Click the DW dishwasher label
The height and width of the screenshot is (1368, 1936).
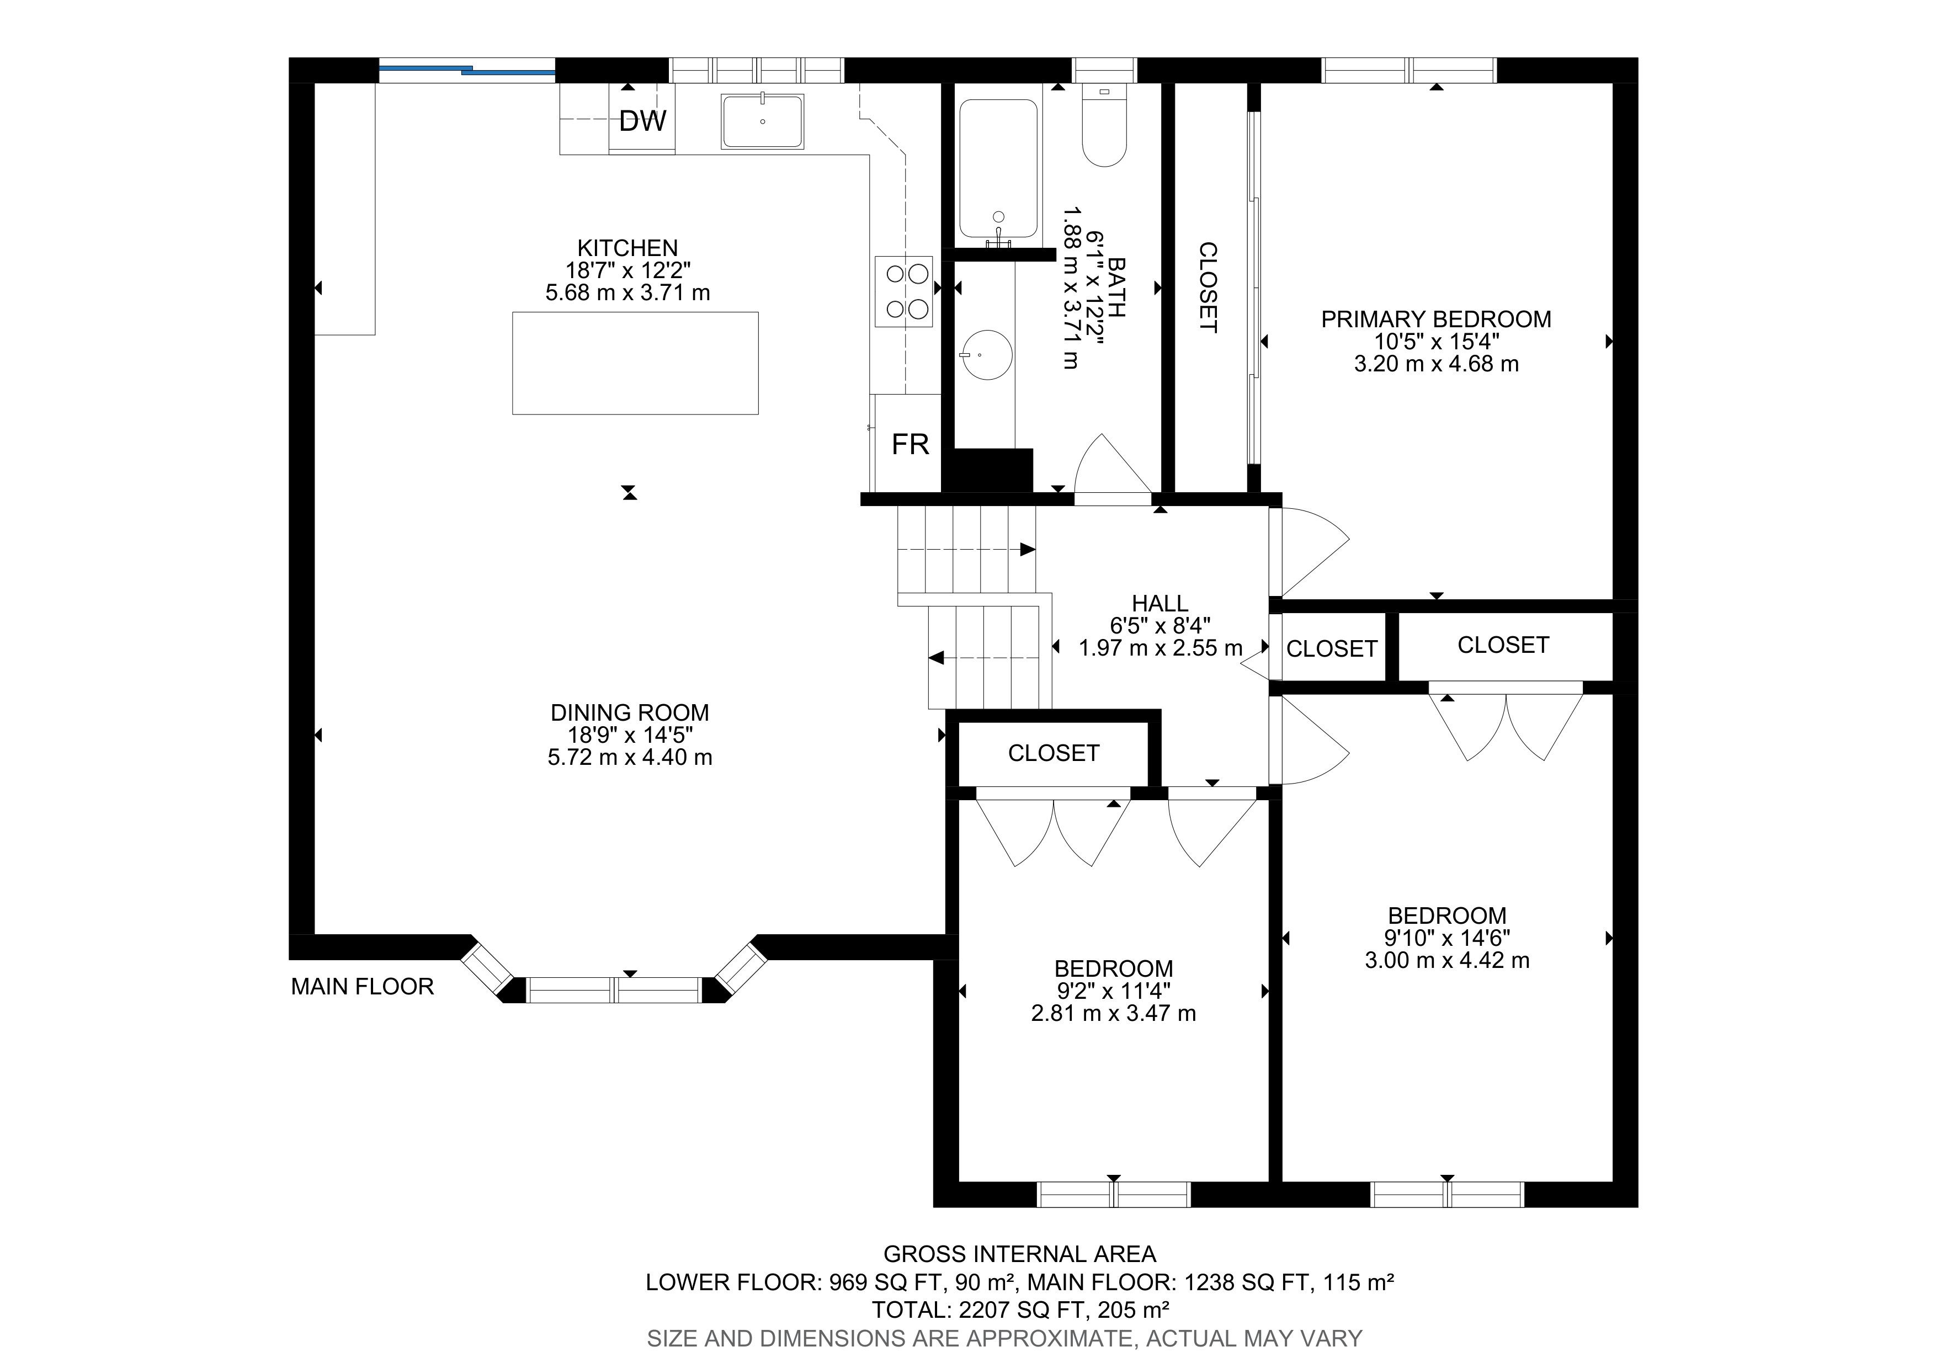[x=642, y=121]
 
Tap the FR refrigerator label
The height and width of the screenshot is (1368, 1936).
[x=910, y=444]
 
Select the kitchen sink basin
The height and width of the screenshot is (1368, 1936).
[x=762, y=121]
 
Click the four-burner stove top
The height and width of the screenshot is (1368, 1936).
[x=904, y=291]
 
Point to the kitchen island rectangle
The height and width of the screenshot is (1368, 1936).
[x=635, y=363]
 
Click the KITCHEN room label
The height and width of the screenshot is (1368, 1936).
[x=627, y=248]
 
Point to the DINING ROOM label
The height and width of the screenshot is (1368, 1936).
[x=630, y=712]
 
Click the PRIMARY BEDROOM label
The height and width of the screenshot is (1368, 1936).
[x=1436, y=320]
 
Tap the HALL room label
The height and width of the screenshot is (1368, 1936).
[x=1160, y=604]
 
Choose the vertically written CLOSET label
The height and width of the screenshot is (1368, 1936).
[x=1208, y=288]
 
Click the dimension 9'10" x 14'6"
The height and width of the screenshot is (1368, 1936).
[x=1448, y=937]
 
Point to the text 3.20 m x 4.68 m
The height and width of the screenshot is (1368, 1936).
[x=1437, y=364]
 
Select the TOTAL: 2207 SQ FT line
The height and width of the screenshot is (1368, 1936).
[x=1020, y=1310]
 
